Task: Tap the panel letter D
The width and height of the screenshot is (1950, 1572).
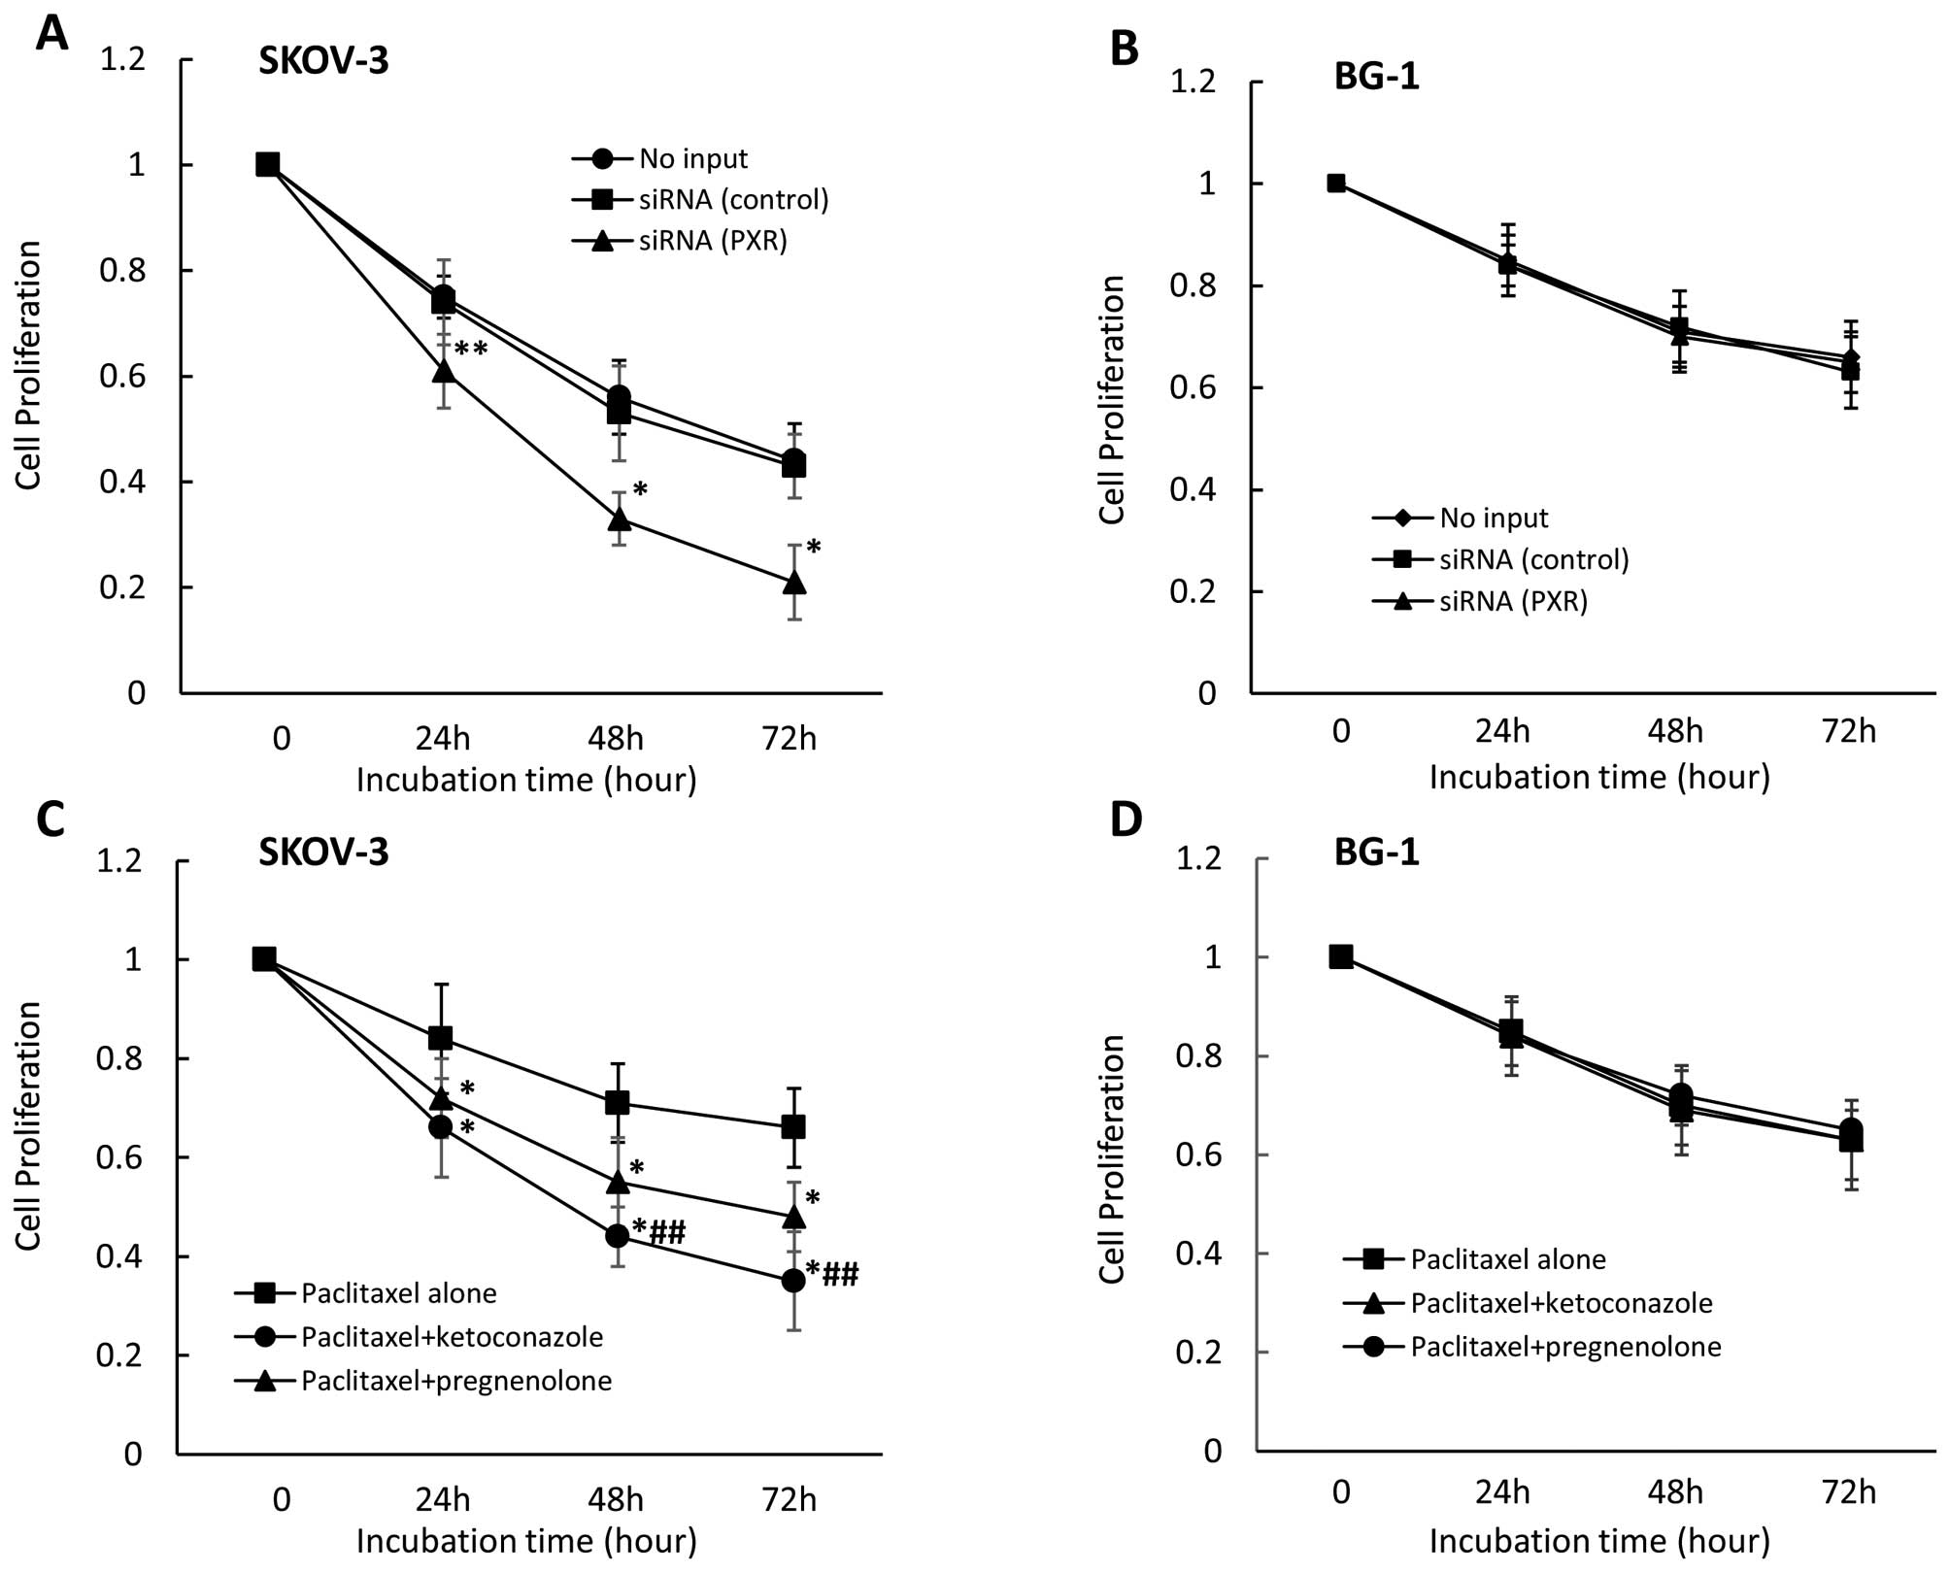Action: coord(1126,820)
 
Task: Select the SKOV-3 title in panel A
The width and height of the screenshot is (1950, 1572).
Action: coord(323,61)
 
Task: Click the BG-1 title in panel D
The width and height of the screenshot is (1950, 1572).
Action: coord(1376,853)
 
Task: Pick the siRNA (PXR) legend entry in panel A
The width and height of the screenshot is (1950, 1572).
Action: coord(712,240)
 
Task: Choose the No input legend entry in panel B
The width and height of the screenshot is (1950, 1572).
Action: coord(1494,518)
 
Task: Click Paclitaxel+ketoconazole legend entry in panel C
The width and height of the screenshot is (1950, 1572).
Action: coord(452,1337)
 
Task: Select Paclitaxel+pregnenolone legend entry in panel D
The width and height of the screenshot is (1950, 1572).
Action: coord(1565,1347)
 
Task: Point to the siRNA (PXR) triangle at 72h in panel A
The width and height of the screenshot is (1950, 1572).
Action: coord(794,583)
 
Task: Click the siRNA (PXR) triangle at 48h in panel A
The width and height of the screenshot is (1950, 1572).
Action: coord(619,519)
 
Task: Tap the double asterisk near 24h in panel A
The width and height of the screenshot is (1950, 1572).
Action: coord(471,350)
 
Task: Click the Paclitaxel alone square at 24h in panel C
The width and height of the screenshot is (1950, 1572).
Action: coord(441,1038)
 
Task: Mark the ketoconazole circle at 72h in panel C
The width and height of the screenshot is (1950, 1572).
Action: coord(793,1281)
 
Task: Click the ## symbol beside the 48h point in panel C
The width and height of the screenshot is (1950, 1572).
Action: coord(667,1234)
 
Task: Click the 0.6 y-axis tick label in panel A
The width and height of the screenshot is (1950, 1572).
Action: coord(122,376)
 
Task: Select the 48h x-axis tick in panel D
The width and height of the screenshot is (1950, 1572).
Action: coord(1675,1491)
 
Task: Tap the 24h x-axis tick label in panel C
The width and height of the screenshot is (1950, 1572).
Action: coord(443,1499)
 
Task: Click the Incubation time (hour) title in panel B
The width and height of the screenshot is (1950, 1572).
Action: coord(1599,777)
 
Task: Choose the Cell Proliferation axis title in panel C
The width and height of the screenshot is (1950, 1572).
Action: coord(29,1126)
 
